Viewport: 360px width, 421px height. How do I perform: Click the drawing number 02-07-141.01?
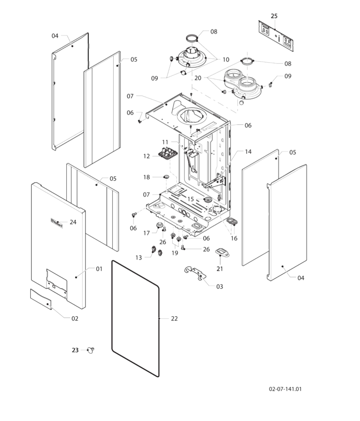pos(286,389)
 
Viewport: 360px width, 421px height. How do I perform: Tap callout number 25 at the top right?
pos(274,16)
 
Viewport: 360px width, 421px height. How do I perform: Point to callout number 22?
pos(174,318)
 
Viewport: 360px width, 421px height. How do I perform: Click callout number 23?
pos(75,350)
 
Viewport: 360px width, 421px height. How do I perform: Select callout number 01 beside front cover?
pos(99,269)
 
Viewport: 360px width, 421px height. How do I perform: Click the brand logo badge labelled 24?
pos(56,222)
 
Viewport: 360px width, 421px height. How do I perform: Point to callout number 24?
pos(73,222)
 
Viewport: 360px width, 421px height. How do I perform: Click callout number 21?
pos(220,269)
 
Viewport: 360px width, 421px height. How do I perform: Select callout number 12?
pos(146,156)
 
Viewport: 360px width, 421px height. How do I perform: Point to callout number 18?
pos(146,177)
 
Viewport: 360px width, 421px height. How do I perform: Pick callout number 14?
pos(248,151)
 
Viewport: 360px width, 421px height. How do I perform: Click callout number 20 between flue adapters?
pos(198,78)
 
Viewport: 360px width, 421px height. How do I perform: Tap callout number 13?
pos(139,258)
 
